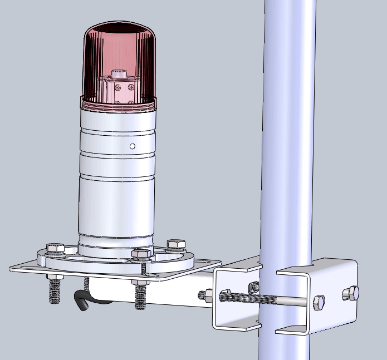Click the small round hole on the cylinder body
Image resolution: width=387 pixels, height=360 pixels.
tap(133, 146)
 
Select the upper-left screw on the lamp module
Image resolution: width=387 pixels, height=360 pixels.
tap(117, 87)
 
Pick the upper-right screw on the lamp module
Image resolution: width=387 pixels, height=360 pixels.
tap(131, 87)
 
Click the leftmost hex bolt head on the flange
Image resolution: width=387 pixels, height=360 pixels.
tap(54, 248)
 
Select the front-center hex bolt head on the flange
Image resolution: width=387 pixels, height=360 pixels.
tap(140, 255)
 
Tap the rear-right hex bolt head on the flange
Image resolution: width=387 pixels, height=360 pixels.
tap(175, 244)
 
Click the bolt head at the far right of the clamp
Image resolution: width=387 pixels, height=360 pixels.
tap(350, 293)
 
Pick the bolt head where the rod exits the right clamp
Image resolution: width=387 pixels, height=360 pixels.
tap(319, 302)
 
